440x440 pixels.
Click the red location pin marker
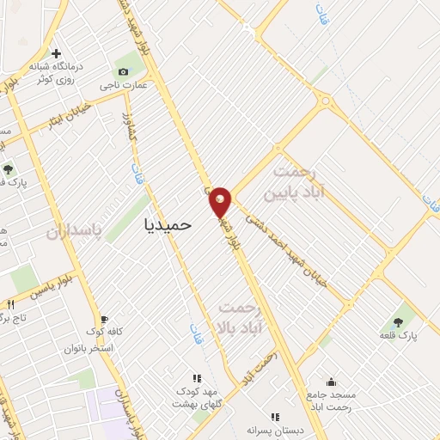220,201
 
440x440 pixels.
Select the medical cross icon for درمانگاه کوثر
57,52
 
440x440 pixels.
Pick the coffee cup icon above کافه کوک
105,318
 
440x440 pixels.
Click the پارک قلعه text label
401,335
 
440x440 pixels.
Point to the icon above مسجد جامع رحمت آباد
332,383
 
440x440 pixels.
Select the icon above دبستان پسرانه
275,417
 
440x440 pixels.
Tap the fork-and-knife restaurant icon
11,305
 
